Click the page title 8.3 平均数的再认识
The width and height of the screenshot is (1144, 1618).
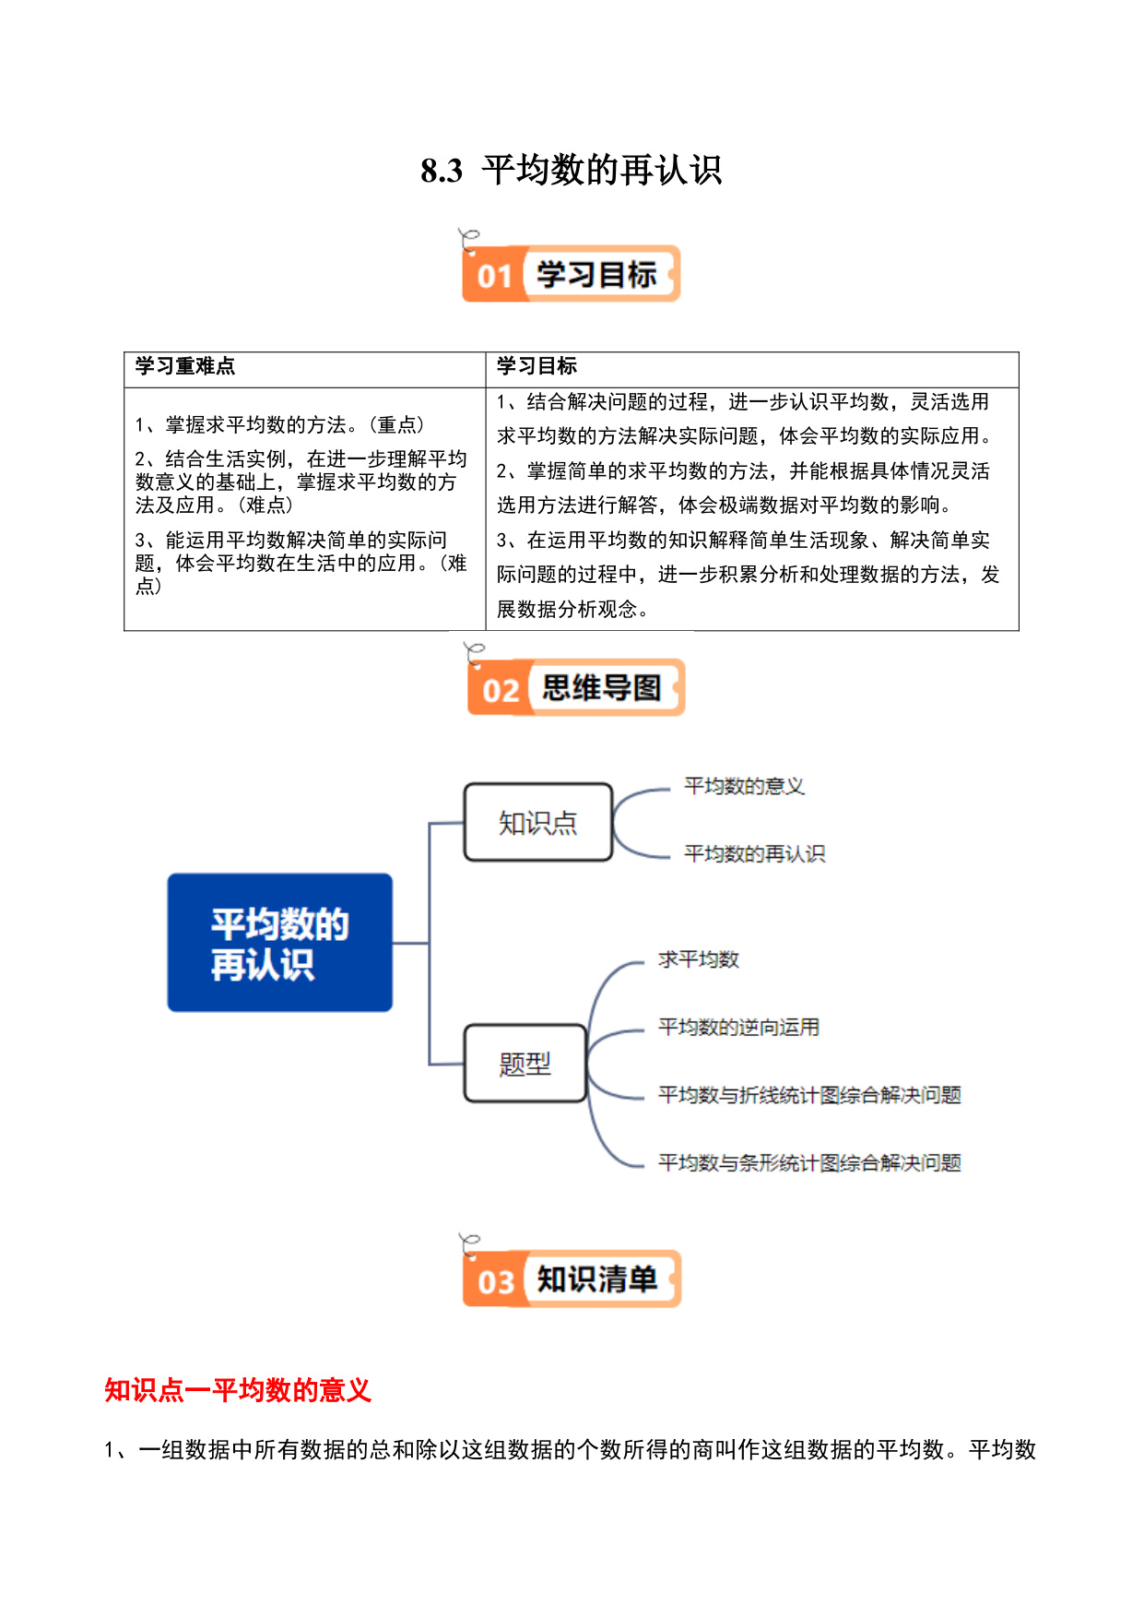click(x=571, y=171)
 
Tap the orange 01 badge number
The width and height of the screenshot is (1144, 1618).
click(x=495, y=276)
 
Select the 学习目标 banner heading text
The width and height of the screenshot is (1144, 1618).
click(x=596, y=275)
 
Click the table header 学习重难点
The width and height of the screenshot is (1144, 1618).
click(x=184, y=366)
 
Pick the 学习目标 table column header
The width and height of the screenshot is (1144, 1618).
click(x=537, y=366)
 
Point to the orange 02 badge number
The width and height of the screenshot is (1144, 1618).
click(x=501, y=690)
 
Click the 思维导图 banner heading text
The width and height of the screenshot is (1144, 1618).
click(x=601, y=688)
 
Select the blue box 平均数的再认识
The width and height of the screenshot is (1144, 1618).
click(x=280, y=943)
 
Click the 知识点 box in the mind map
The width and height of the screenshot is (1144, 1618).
click(x=538, y=822)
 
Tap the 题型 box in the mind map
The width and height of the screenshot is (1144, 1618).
click(x=525, y=1064)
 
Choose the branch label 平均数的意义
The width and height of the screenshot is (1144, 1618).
click(x=744, y=786)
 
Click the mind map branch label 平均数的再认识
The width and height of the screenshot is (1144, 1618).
click(x=754, y=854)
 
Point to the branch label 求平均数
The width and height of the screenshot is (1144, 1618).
click(x=699, y=959)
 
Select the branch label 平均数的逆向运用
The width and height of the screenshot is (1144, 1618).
click(x=738, y=1028)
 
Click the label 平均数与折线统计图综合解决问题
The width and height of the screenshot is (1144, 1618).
click(x=809, y=1095)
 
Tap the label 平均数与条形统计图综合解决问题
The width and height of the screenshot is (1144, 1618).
click(x=809, y=1163)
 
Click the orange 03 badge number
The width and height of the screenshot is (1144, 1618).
click(x=496, y=1282)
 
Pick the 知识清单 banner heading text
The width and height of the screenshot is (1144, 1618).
click(x=597, y=1279)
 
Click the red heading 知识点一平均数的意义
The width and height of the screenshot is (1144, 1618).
click(x=238, y=1390)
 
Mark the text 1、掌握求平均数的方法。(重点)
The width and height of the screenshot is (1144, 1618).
click(x=280, y=425)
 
